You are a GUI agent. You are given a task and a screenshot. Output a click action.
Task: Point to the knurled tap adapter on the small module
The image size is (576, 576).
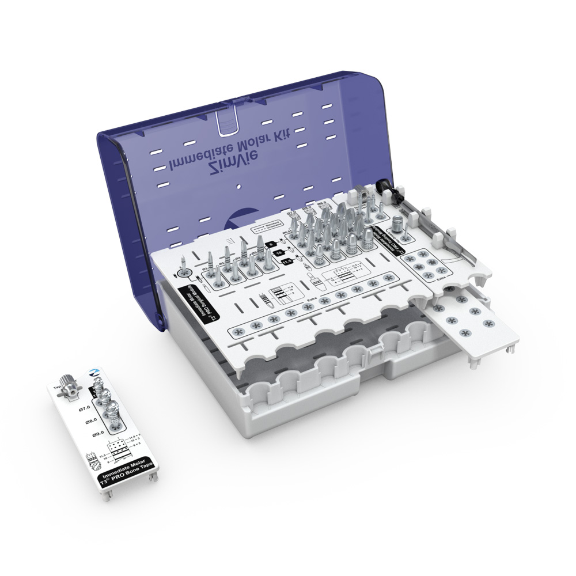[69, 385]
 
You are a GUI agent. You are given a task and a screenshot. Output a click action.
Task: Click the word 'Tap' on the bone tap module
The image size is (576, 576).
[56, 387]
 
